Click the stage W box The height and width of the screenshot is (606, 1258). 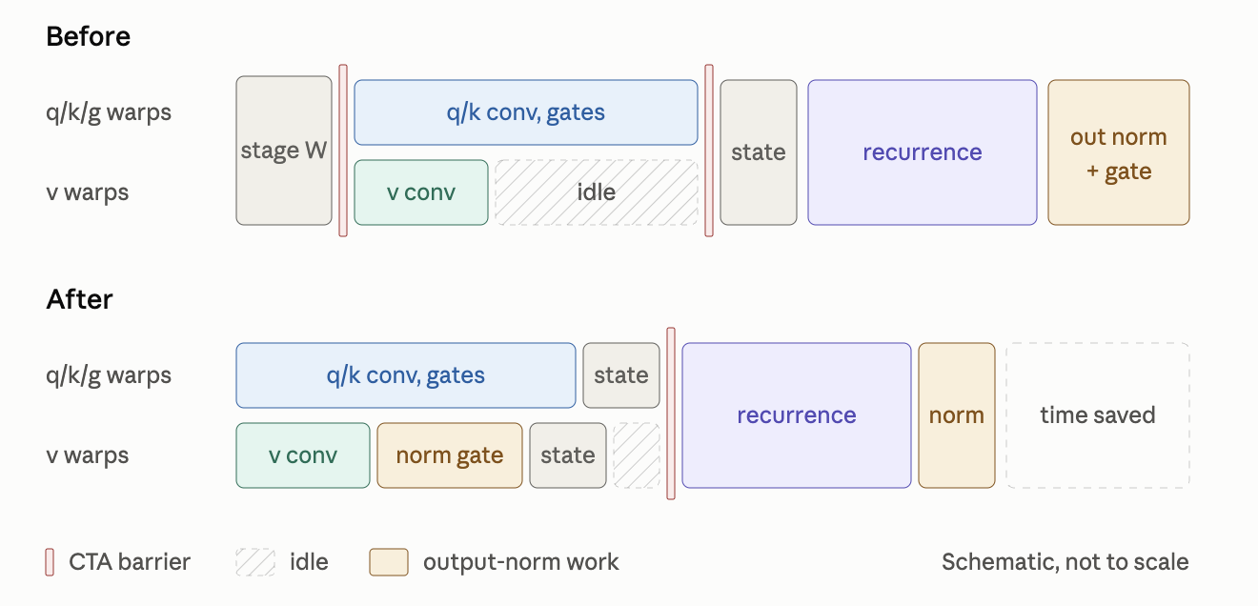point(284,151)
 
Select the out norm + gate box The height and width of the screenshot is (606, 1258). point(1119,152)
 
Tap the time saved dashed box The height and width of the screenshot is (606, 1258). point(1098,415)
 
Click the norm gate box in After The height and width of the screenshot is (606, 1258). point(450,455)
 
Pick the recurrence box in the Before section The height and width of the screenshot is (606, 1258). point(923,152)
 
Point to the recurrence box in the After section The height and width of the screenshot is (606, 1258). point(797,415)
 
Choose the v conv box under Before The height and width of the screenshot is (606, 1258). point(421,192)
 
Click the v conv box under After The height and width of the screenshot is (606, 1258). point(303,455)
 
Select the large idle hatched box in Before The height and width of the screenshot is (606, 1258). point(597,192)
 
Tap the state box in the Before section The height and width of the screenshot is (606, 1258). point(759,152)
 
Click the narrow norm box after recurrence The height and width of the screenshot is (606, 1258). point(957,415)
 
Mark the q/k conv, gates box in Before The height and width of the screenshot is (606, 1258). point(526,112)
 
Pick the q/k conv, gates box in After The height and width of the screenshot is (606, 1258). point(406,375)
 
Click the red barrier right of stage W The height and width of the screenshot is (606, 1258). point(343,151)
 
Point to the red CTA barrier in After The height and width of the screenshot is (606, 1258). point(671,414)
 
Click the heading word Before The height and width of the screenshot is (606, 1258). point(89,36)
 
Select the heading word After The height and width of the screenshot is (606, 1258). point(79,299)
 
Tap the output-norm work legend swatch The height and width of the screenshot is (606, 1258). point(389,562)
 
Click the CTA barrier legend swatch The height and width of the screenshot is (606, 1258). point(50,562)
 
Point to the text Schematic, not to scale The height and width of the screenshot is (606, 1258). point(1065,562)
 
